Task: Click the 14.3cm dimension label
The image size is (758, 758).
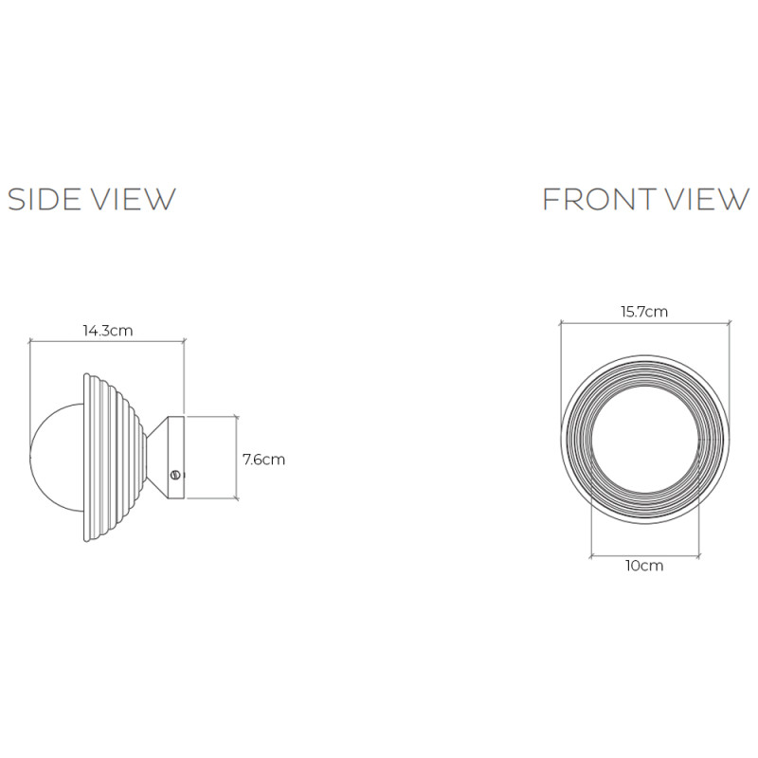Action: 106,331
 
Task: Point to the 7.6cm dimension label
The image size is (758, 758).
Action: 263,460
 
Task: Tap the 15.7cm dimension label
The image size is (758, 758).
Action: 644,311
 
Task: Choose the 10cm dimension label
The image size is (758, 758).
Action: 644,566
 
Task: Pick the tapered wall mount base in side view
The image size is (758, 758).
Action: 168,457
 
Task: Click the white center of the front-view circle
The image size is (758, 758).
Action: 644,441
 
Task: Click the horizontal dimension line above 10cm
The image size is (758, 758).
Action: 644,553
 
